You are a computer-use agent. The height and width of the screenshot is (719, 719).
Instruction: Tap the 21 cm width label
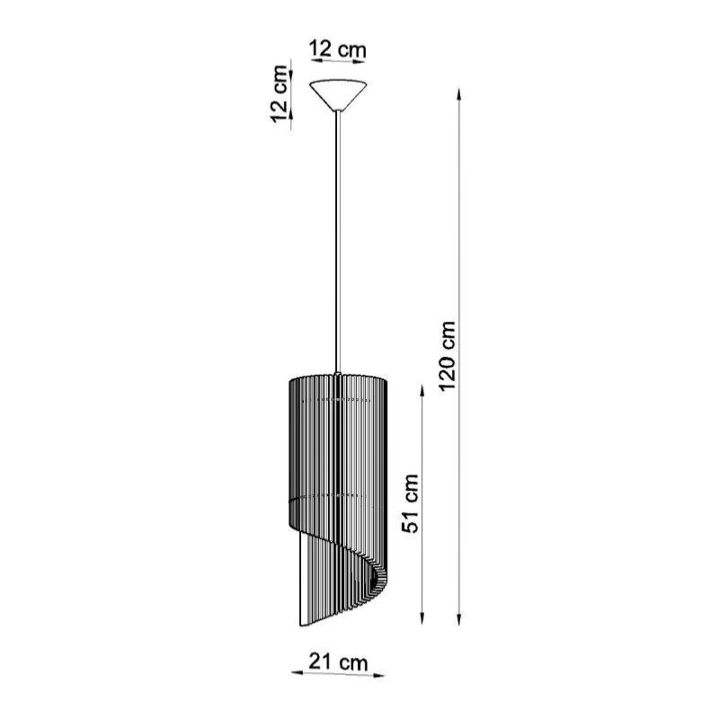(337, 662)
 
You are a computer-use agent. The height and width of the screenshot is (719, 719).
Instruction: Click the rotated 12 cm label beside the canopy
(280, 93)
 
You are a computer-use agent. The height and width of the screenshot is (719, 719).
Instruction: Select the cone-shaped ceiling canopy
(337, 94)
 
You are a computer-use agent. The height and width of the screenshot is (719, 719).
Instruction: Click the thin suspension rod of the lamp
(338, 243)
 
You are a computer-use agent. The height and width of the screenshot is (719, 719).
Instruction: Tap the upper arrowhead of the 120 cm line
(459, 93)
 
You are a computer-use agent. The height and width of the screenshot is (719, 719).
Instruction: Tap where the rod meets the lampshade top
(338, 373)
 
